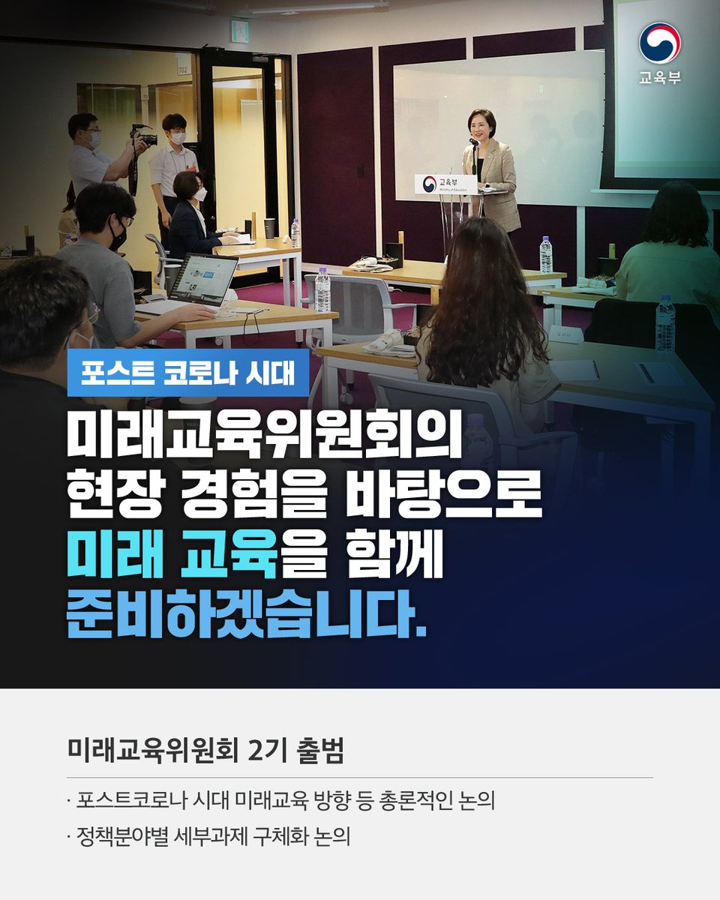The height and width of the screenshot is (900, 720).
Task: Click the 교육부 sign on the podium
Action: tap(445, 184)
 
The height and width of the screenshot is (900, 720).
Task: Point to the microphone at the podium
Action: tap(474, 142)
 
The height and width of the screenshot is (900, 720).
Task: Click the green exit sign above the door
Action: tap(239, 31)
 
